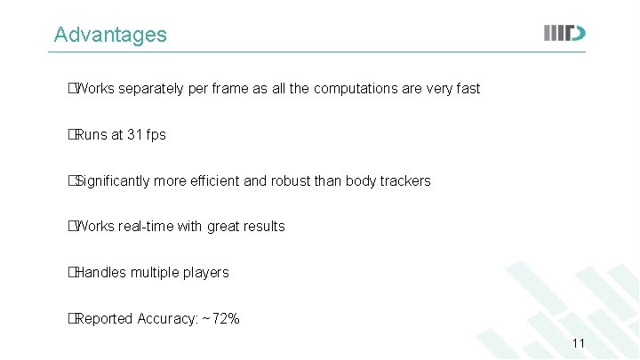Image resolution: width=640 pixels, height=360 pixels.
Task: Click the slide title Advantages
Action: coord(110,35)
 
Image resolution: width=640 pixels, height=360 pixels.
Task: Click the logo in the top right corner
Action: coord(564,34)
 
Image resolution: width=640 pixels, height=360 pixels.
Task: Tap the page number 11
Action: coord(578,344)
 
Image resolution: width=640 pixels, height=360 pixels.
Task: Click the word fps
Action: coord(156,135)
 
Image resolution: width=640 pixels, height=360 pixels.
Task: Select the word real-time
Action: coord(146,227)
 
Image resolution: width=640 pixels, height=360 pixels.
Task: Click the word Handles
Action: coord(100,273)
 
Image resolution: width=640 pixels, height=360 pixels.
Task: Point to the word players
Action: coord(206,273)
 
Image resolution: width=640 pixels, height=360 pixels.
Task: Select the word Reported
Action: coord(104,319)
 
